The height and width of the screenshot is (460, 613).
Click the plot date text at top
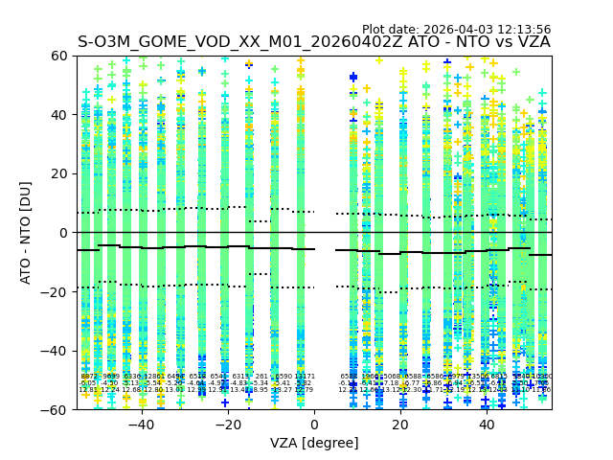(x=456, y=30)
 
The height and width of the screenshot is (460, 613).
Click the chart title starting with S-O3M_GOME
(x=314, y=43)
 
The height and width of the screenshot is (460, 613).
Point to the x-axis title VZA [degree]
(x=314, y=443)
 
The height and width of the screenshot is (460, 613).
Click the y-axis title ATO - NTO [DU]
(x=27, y=233)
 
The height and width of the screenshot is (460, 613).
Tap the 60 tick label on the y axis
(x=59, y=56)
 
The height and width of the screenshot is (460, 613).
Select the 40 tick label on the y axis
(x=59, y=115)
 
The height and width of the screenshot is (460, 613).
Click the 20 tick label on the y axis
(x=59, y=173)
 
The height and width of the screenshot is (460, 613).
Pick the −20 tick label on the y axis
(x=56, y=291)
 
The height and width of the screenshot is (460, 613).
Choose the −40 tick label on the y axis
(x=56, y=351)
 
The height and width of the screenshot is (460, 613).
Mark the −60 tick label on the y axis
(x=56, y=409)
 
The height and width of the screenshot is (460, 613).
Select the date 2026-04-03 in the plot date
(x=455, y=30)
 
